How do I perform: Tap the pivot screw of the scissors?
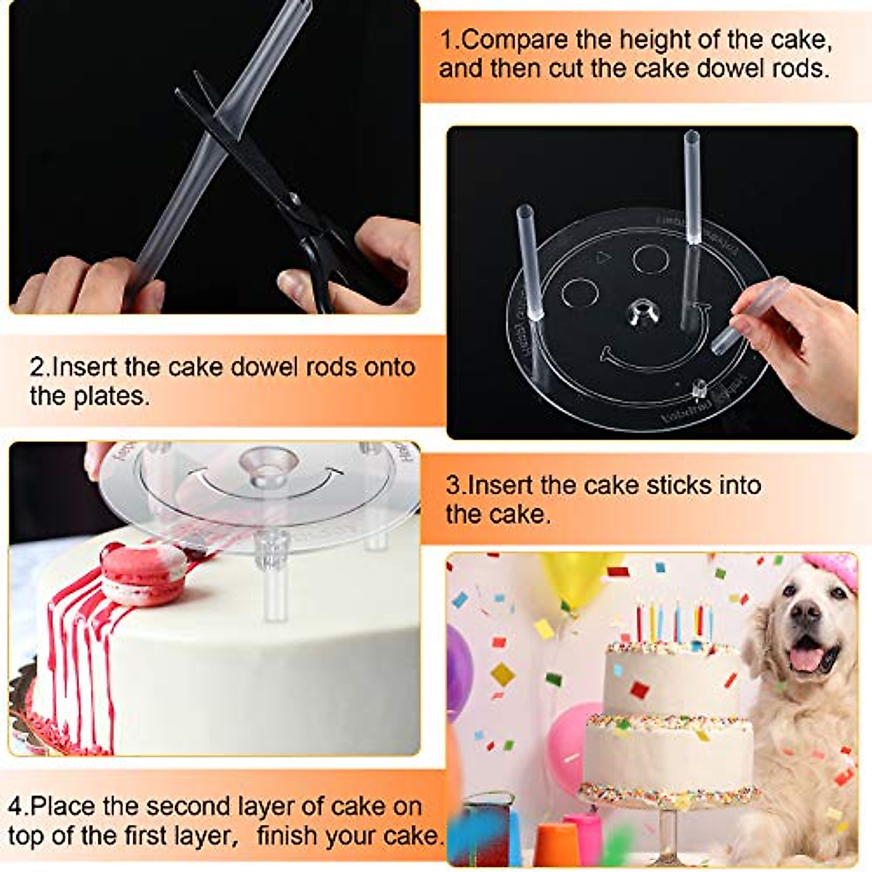pos(293,198)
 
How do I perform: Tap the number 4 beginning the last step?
pos(16,807)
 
